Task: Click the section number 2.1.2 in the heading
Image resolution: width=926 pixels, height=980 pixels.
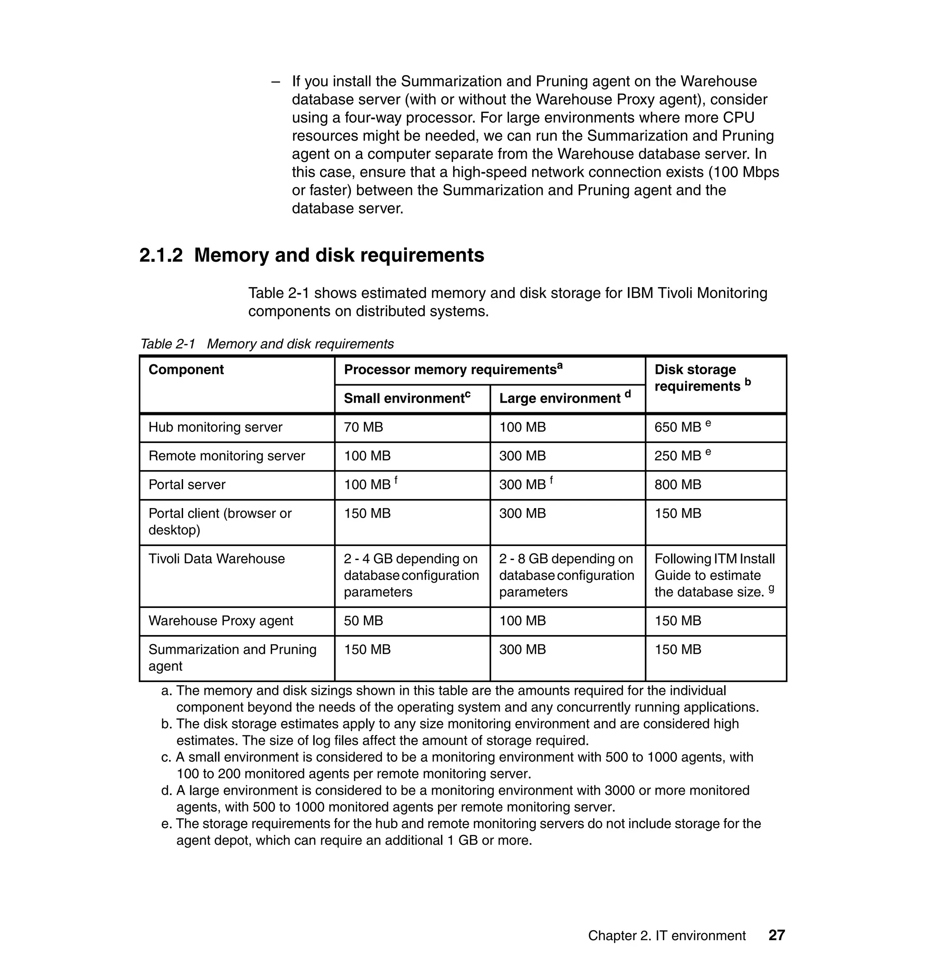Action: coord(161,255)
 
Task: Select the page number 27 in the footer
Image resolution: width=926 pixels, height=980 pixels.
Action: coord(776,935)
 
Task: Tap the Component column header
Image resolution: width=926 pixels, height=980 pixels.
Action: coord(186,370)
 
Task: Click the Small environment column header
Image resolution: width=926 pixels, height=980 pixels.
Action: coord(407,398)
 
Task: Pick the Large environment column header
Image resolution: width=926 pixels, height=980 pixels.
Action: coord(564,398)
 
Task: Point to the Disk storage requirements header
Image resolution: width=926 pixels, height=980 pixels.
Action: coord(701,378)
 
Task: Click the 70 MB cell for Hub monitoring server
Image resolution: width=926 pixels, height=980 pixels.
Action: coord(363,427)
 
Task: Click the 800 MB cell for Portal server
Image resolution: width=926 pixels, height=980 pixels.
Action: coord(678,485)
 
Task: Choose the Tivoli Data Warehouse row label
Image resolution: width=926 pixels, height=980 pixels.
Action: coord(217,559)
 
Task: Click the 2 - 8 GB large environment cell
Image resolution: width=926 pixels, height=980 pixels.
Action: coord(566,575)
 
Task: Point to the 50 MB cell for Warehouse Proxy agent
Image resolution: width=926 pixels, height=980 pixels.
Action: coord(363,621)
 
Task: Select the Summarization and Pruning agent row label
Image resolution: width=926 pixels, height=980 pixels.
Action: coord(232,657)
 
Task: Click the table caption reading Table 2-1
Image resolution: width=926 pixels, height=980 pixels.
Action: coord(168,344)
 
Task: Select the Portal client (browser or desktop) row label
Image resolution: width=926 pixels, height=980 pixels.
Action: coord(220,522)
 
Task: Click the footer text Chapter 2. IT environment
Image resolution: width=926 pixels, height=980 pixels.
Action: coord(666,936)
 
